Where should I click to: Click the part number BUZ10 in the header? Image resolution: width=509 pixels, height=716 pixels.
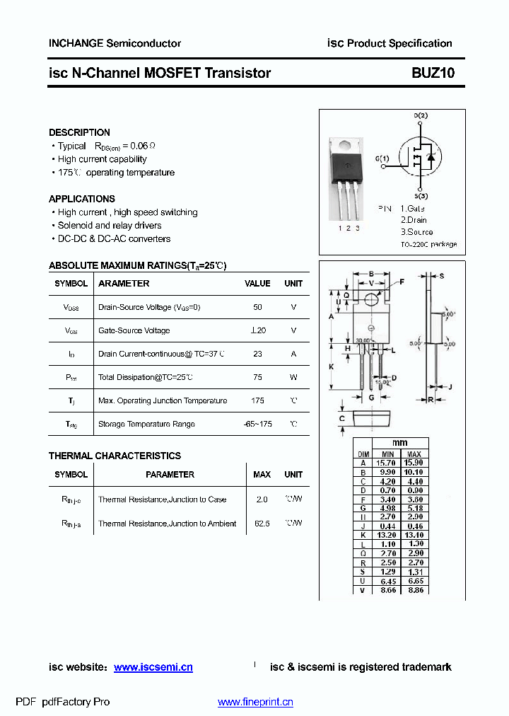click(433, 73)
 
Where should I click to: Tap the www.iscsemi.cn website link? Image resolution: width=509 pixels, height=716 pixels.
click(153, 667)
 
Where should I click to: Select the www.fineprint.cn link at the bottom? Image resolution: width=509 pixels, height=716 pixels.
click(255, 702)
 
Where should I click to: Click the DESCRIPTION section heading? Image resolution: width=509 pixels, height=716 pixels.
click(79, 132)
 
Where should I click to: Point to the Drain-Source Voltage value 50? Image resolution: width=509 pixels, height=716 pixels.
click(257, 307)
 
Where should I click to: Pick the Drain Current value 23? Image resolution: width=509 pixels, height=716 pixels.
click(257, 354)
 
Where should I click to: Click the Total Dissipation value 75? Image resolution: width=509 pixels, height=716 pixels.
click(257, 377)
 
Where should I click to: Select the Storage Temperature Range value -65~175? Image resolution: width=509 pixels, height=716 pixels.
click(257, 424)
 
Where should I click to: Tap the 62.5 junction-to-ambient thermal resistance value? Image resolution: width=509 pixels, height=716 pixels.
click(262, 524)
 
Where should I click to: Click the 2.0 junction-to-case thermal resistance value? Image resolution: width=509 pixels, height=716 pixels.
click(262, 500)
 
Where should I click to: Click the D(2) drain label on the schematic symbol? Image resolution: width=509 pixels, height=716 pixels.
click(421, 115)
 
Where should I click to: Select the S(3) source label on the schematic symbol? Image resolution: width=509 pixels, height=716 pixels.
click(421, 196)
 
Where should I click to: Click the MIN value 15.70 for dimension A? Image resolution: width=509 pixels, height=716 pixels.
click(387, 463)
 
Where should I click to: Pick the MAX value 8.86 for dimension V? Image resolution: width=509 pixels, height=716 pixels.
click(414, 590)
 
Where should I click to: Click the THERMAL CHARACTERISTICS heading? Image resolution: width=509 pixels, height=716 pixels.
click(115, 456)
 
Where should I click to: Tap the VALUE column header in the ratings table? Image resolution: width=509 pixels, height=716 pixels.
click(257, 284)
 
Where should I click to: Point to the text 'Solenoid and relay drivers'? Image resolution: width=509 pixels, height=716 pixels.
click(110, 226)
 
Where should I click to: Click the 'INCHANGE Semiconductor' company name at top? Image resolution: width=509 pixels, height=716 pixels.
click(115, 43)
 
